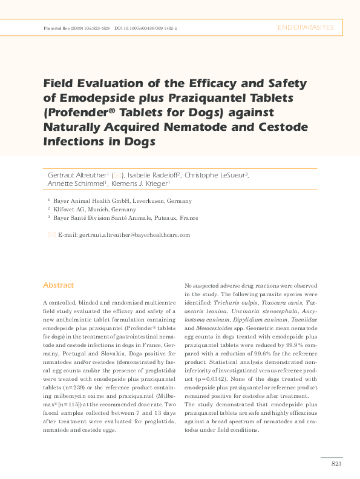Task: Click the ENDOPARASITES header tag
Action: (x=305, y=28)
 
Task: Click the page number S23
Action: (x=336, y=463)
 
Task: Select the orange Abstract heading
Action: (x=58, y=285)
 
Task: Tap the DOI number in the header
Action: (x=149, y=28)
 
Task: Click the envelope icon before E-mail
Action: (x=51, y=234)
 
